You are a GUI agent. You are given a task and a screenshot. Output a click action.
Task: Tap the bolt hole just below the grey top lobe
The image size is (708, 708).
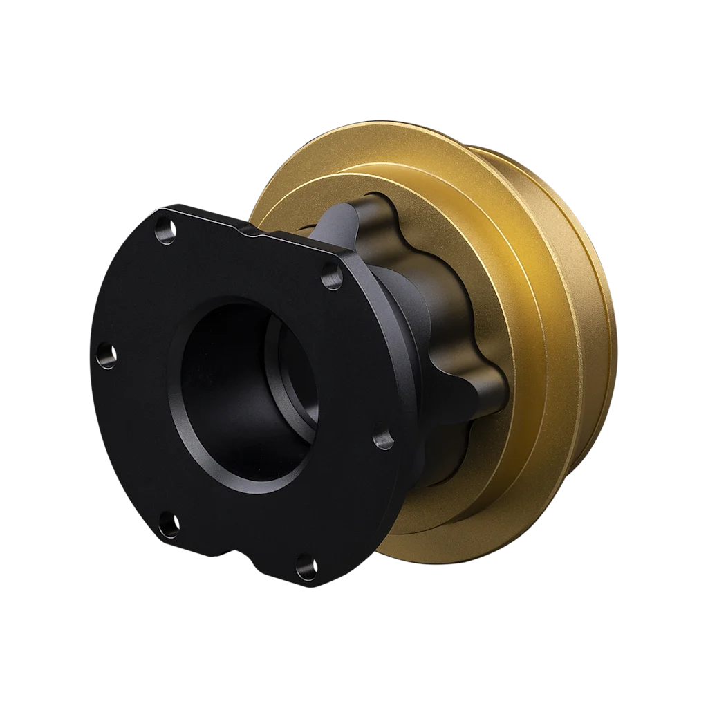(x=333, y=277)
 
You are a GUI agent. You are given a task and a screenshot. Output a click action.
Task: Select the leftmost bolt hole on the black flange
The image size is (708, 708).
(x=106, y=356)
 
